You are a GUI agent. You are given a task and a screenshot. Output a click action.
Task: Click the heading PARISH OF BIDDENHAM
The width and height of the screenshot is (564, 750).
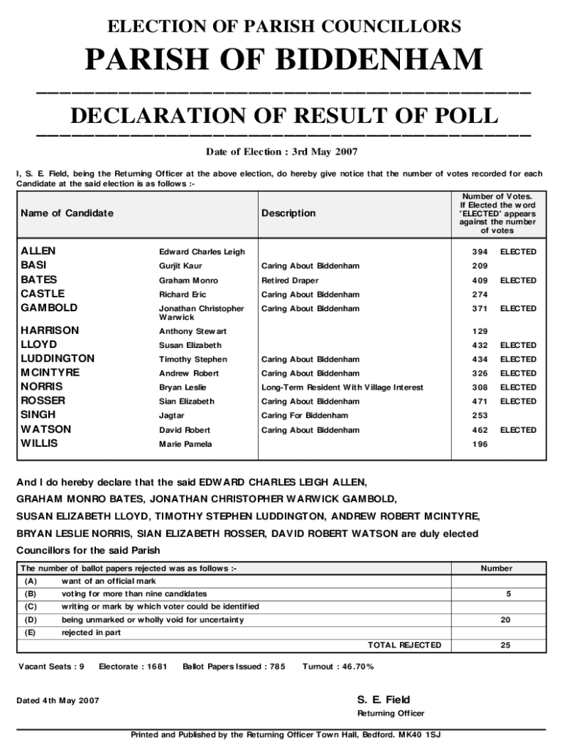284,60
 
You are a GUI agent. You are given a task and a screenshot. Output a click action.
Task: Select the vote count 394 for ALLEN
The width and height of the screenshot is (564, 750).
480,252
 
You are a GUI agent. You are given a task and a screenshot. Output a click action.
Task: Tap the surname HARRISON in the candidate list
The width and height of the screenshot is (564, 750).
50,330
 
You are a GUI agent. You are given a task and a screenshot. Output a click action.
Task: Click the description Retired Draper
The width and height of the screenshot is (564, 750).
291,281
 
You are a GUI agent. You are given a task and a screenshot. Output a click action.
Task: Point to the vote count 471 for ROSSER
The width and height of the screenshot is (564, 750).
480,401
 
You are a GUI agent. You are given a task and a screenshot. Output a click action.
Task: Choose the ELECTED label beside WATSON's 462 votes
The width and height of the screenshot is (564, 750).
518,430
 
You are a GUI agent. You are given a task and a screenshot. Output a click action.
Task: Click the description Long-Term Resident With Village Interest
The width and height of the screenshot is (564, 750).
342,387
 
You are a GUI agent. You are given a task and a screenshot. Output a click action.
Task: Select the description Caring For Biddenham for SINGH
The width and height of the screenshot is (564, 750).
305,415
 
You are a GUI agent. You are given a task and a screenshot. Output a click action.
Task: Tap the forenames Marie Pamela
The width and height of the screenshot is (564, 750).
185,445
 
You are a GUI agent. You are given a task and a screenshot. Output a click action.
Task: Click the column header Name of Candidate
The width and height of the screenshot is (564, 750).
67,213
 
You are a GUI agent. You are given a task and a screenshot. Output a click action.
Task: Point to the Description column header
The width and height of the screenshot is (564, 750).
289,213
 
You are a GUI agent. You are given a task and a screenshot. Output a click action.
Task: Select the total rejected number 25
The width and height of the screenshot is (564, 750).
505,645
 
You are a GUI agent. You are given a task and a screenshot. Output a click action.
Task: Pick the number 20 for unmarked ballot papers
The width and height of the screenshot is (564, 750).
505,620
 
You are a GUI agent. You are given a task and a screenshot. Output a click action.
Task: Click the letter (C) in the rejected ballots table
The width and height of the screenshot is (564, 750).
30,606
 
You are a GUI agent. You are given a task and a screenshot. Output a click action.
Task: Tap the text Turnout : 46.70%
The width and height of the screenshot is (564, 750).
338,667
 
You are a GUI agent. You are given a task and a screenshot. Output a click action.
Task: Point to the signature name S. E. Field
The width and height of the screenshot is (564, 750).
383,699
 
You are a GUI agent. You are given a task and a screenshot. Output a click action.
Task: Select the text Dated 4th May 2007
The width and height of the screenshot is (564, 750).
58,701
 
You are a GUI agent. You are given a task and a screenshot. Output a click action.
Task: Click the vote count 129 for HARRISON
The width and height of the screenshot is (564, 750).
480,332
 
